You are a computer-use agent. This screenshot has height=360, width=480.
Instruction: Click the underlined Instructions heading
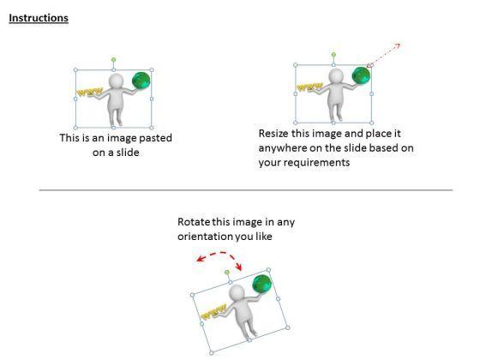39,18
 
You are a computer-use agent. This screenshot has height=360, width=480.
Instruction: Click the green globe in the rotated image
261,285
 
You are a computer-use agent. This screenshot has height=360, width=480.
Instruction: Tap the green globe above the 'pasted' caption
141,81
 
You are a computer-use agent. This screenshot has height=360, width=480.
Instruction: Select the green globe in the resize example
361,75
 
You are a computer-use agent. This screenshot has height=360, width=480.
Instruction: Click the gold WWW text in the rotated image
214,312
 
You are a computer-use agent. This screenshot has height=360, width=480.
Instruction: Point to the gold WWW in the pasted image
89,93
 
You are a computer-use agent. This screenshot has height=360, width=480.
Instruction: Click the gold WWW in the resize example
309,87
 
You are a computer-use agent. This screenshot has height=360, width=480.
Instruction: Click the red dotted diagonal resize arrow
384,55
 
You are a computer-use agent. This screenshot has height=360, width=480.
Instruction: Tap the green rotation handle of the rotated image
227,273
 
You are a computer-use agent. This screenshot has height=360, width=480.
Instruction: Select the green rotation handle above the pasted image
113,59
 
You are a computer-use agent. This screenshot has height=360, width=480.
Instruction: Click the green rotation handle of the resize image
333,55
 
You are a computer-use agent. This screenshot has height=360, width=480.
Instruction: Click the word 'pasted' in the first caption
155,138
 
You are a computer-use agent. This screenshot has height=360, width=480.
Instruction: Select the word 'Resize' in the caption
273,134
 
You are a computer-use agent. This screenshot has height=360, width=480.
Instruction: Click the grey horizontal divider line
246,190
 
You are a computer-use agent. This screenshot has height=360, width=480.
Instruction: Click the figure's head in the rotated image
237,291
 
